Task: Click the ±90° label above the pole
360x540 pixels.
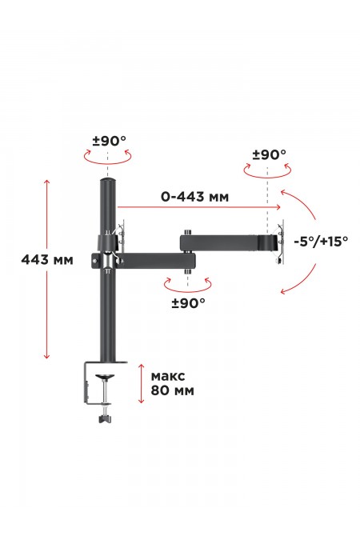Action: (x=110, y=141)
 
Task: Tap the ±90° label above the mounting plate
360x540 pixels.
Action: (x=269, y=154)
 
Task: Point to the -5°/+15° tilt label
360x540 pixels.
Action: (x=320, y=240)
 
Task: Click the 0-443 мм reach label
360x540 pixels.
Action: (x=195, y=194)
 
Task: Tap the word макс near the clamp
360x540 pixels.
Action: (x=168, y=376)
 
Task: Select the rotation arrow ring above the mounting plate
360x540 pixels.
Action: (x=266, y=171)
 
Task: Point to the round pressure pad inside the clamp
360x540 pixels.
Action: (x=106, y=375)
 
